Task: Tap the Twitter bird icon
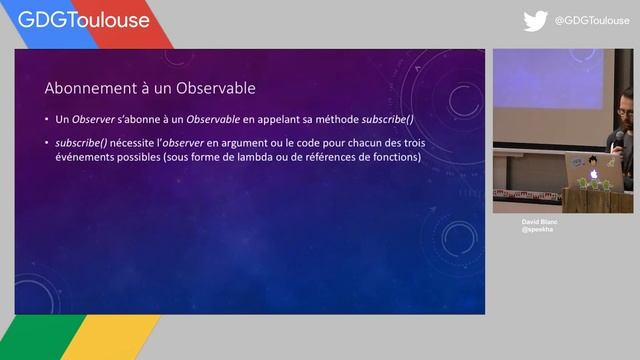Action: [x=536, y=20]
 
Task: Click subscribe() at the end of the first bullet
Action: [x=359, y=120]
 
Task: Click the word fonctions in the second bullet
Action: [x=396, y=157]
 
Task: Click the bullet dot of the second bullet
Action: [x=47, y=143]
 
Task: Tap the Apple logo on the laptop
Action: [x=593, y=172]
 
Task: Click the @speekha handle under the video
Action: [x=536, y=230]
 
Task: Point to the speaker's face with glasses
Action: [x=626, y=106]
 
